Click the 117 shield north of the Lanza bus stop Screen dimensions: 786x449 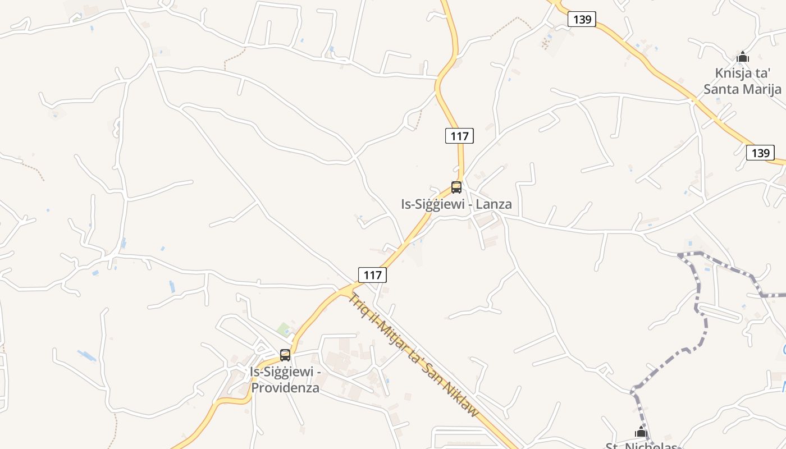click(459, 136)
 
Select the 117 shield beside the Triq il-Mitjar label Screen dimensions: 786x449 click(372, 275)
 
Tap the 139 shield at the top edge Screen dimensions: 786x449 click(582, 20)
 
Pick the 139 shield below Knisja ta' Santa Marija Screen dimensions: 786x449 click(760, 153)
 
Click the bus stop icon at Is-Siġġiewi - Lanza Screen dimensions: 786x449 click(456, 187)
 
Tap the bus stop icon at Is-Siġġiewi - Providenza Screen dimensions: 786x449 click(285, 355)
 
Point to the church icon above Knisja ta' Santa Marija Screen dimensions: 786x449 click(743, 57)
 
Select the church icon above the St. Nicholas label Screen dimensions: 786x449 click(641, 432)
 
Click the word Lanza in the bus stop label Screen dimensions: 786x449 click(493, 204)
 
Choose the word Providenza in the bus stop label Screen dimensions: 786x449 click(285, 388)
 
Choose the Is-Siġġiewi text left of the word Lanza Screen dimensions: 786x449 click(433, 204)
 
